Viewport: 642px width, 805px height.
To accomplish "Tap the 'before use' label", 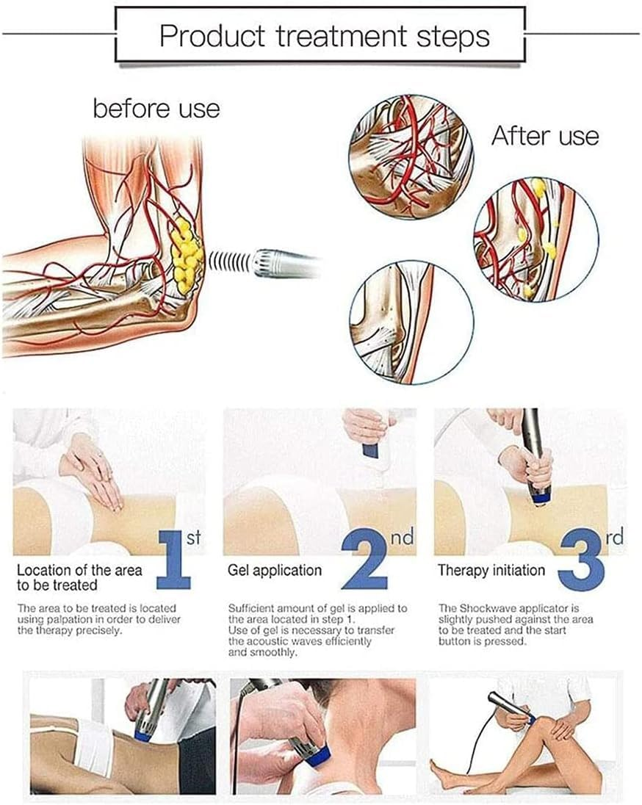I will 156,109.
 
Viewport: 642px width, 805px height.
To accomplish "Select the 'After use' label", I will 544,136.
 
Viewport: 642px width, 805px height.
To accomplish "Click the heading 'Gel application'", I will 275,570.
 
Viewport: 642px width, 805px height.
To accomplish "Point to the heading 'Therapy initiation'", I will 491,570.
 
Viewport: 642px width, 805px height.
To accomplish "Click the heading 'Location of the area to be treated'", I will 79,577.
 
